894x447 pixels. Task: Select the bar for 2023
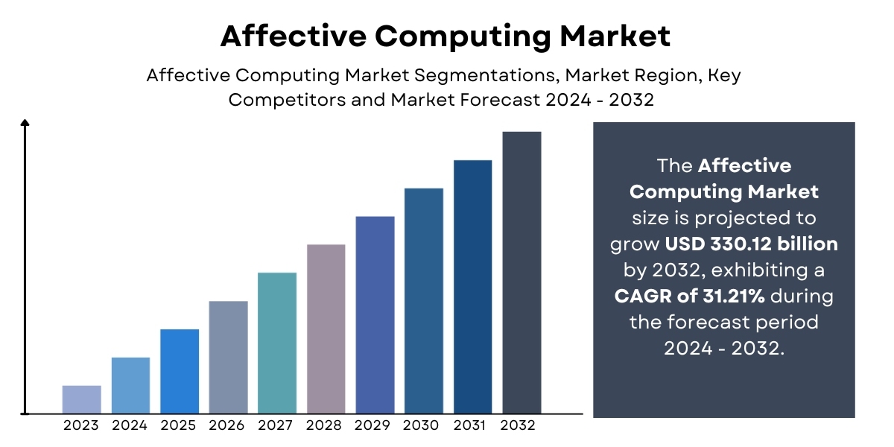81,399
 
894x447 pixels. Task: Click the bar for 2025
180,371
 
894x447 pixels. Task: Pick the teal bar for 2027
277,343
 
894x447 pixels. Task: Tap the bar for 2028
326,329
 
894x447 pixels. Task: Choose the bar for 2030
424,300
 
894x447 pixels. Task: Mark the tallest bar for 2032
521,272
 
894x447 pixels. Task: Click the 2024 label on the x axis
130,425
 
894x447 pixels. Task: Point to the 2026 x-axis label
228,425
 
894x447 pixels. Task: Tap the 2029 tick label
375,425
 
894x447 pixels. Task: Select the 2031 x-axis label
472,425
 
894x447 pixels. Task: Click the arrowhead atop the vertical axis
25,124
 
